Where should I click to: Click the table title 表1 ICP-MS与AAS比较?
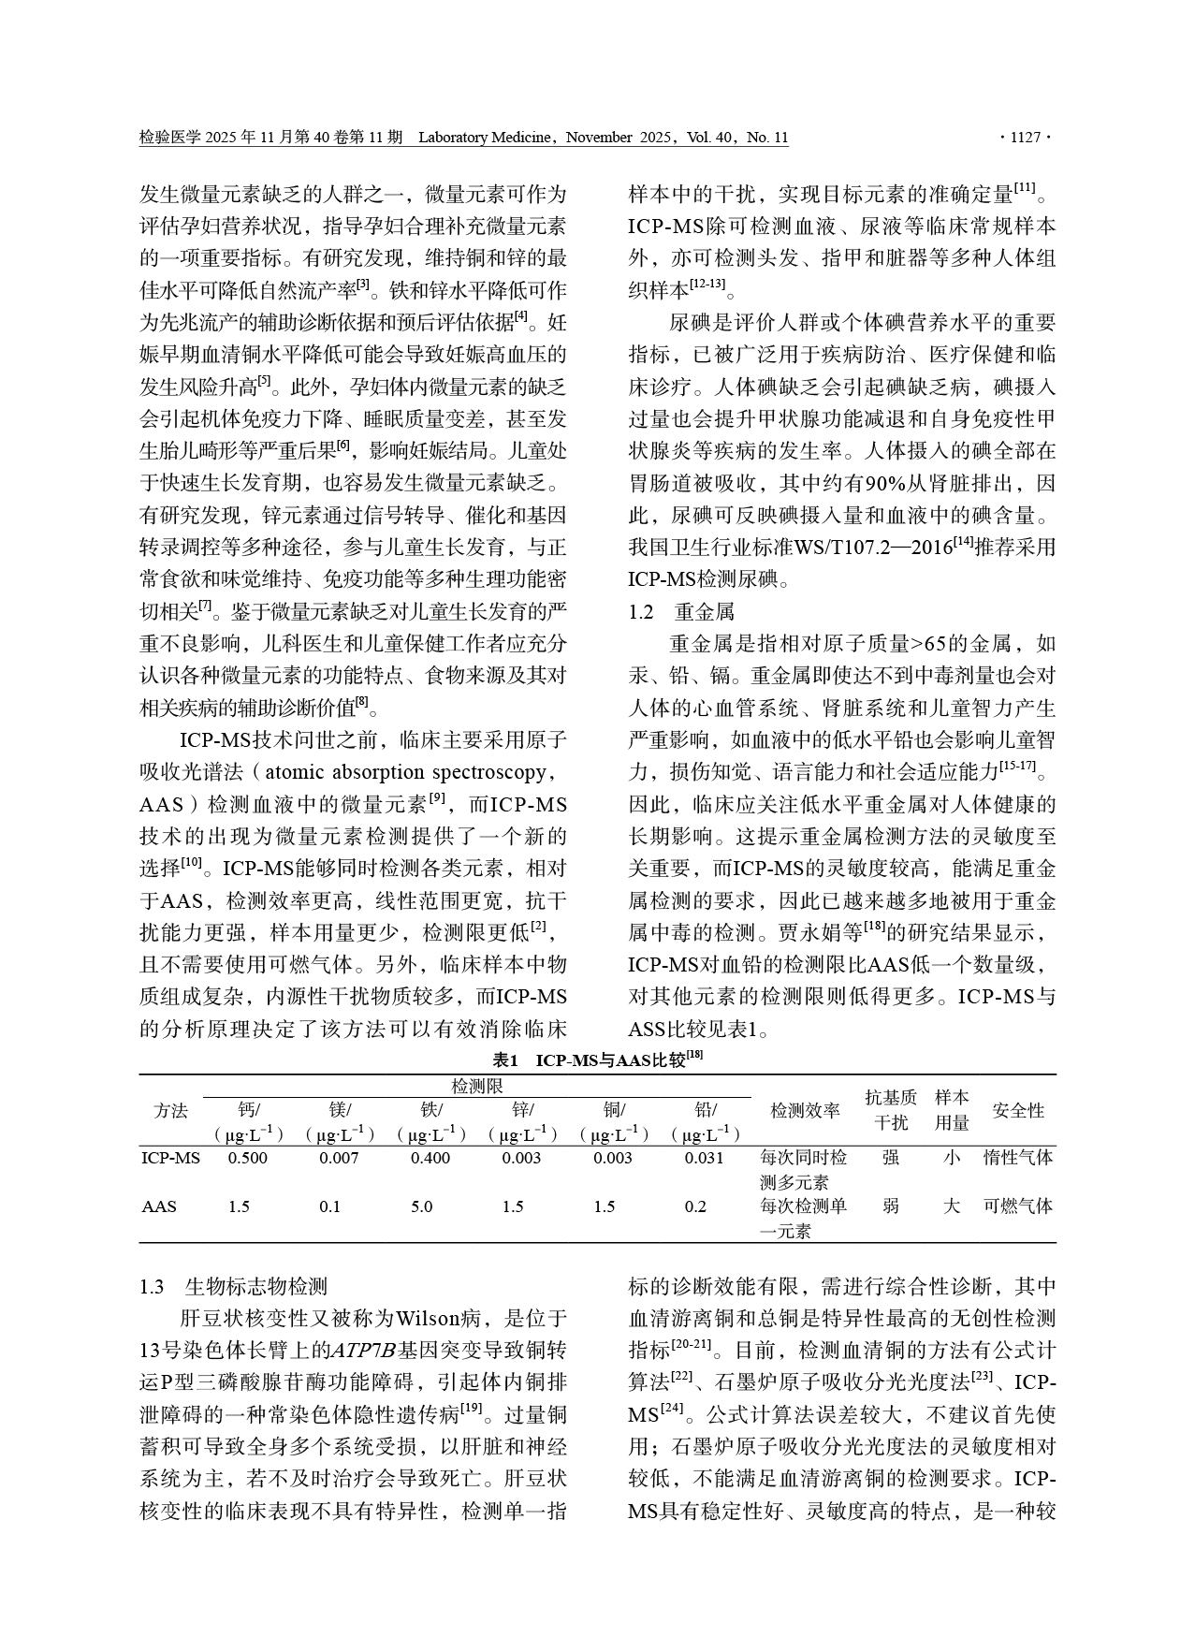click(597, 1060)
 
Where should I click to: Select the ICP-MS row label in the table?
click(171, 1158)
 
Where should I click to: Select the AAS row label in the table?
click(159, 1206)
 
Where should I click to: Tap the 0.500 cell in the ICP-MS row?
click(248, 1158)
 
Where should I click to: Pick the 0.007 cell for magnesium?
click(339, 1158)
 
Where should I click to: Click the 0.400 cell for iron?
click(430, 1158)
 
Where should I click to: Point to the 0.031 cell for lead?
click(704, 1158)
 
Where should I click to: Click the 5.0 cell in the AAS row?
click(421, 1206)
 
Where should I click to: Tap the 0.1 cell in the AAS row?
click(329, 1206)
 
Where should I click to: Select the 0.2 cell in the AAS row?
click(695, 1206)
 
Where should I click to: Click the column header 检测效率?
click(805, 1111)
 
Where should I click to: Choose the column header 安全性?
click(1018, 1111)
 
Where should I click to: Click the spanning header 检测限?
click(477, 1086)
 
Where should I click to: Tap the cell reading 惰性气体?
click(1018, 1158)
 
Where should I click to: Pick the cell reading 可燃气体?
click(1018, 1206)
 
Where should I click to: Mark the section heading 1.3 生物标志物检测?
click(234, 1286)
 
